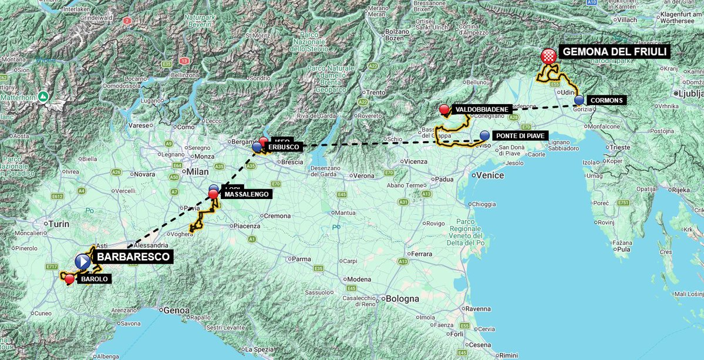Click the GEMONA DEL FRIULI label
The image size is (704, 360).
615,52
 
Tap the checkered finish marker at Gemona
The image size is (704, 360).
548,56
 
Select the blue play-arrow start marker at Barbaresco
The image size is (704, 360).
83,260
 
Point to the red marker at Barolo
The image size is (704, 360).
69,279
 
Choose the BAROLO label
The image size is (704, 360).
95,279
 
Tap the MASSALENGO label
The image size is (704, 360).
245,194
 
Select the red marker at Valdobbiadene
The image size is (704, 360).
444,109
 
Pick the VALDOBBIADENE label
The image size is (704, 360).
481,109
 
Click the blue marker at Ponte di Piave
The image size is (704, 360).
484,136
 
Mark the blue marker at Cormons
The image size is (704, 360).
579,100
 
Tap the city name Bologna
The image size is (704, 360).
402,298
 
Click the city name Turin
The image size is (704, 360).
59,224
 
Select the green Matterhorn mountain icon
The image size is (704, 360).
43,96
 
